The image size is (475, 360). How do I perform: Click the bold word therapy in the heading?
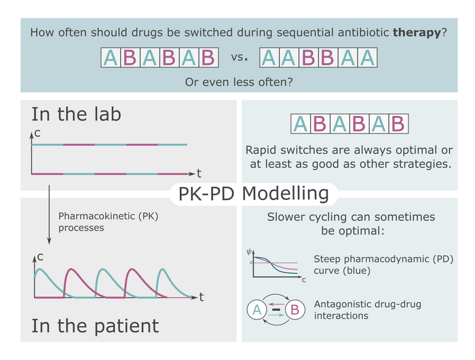(417, 33)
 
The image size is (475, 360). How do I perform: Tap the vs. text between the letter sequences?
(240, 57)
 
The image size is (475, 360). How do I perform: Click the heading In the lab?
(76, 114)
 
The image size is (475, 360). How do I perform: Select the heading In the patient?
(95, 326)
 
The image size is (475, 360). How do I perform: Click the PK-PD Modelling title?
(254, 193)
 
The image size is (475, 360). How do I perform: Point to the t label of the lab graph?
(199, 174)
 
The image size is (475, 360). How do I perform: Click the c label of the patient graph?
(40, 257)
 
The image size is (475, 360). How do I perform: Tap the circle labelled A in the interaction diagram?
(257, 309)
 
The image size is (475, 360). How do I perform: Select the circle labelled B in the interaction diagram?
(294, 309)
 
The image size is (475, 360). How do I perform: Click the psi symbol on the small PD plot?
(249, 252)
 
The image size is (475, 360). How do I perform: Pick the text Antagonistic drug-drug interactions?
(368, 310)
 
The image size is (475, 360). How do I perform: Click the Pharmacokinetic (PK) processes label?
(108, 222)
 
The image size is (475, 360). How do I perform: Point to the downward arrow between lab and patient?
(49, 215)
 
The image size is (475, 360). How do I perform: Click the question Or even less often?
(239, 82)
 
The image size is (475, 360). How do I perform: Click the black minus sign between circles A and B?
(276, 309)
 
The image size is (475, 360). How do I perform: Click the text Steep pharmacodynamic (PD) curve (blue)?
(383, 264)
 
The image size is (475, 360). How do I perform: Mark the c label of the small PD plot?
(303, 280)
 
